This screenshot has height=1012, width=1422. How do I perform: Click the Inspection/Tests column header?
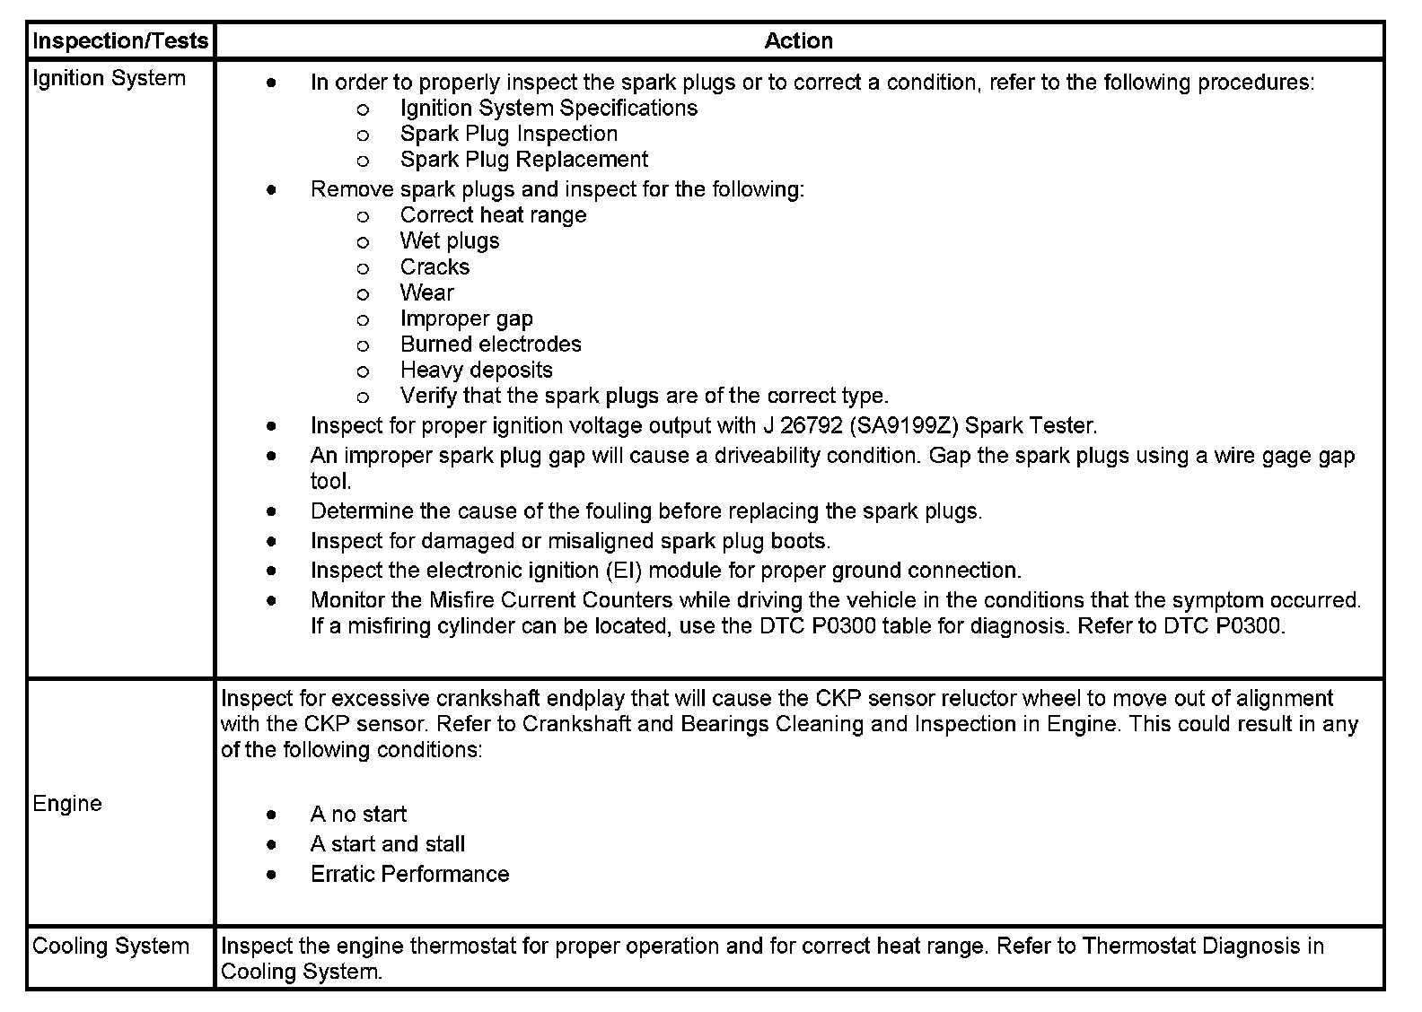pyautogui.click(x=120, y=40)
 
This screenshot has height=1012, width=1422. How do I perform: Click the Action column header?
pyautogui.click(x=798, y=40)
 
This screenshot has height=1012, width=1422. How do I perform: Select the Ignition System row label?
pyautogui.click(x=109, y=78)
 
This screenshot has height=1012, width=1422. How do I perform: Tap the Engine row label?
pyautogui.click(x=67, y=803)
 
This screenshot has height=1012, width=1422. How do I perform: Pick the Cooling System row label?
pyautogui.click(x=110, y=946)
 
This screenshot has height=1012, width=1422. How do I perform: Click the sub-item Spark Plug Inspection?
pyautogui.click(x=508, y=134)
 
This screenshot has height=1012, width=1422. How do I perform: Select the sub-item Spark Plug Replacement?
pyautogui.click(x=523, y=160)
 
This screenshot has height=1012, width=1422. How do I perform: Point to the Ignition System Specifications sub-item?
pyautogui.click(x=549, y=108)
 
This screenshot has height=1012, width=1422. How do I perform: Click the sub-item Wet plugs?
pyautogui.click(x=449, y=240)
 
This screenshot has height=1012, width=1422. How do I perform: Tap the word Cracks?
pyautogui.click(x=434, y=266)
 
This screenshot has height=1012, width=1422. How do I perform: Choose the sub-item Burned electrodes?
pyautogui.click(x=490, y=344)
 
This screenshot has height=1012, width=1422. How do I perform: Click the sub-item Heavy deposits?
pyautogui.click(x=476, y=370)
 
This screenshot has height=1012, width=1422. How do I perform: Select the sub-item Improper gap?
pyautogui.click(x=466, y=318)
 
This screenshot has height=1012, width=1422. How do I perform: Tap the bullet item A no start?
pyautogui.click(x=358, y=814)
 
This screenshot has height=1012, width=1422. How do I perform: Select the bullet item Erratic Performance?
pyautogui.click(x=409, y=874)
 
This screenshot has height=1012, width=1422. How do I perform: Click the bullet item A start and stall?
pyautogui.click(x=387, y=843)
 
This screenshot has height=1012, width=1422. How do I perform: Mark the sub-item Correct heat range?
pyautogui.click(x=493, y=215)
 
